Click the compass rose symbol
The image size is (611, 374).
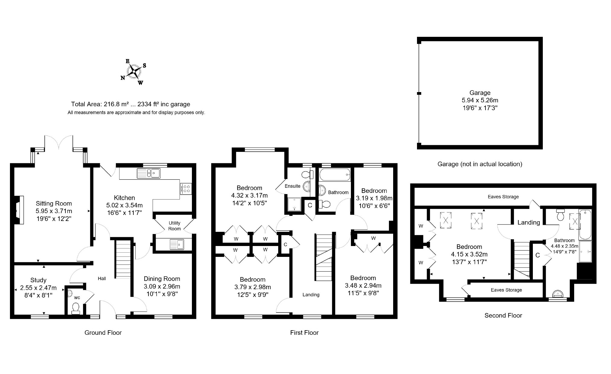click(x=134, y=72)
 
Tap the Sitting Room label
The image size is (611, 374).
click(x=54, y=203)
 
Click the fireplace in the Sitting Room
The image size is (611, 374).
click(x=19, y=210)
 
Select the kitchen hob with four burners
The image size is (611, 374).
click(x=186, y=189)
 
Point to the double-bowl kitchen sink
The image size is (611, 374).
click(x=149, y=173)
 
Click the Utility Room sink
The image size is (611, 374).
click(x=177, y=244)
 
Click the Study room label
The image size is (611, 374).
click(x=38, y=280)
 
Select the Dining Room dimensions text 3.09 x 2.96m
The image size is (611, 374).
click(x=162, y=286)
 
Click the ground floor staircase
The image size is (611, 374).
click(x=123, y=259)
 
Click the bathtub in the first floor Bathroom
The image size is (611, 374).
click(x=335, y=174)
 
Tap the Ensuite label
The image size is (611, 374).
click(x=292, y=186)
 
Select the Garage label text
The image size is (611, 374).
click(x=480, y=93)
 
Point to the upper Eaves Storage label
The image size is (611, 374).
click(x=503, y=197)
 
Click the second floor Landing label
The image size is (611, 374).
click(x=529, y=222)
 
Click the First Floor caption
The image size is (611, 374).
click(x=304, y=333)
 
